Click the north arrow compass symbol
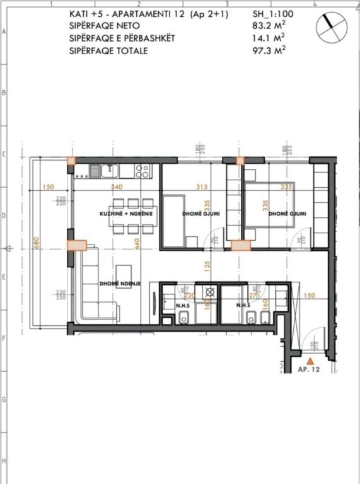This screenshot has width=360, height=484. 332,26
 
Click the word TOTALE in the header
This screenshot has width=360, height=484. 131,50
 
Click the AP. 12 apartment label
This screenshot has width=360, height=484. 309,370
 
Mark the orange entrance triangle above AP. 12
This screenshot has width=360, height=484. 310,360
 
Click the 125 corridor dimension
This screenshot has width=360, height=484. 206,265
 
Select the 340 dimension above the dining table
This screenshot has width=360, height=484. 116,187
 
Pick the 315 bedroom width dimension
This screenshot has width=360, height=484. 202,187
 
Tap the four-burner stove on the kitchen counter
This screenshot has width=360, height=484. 143,170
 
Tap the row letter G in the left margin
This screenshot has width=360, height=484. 4,400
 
